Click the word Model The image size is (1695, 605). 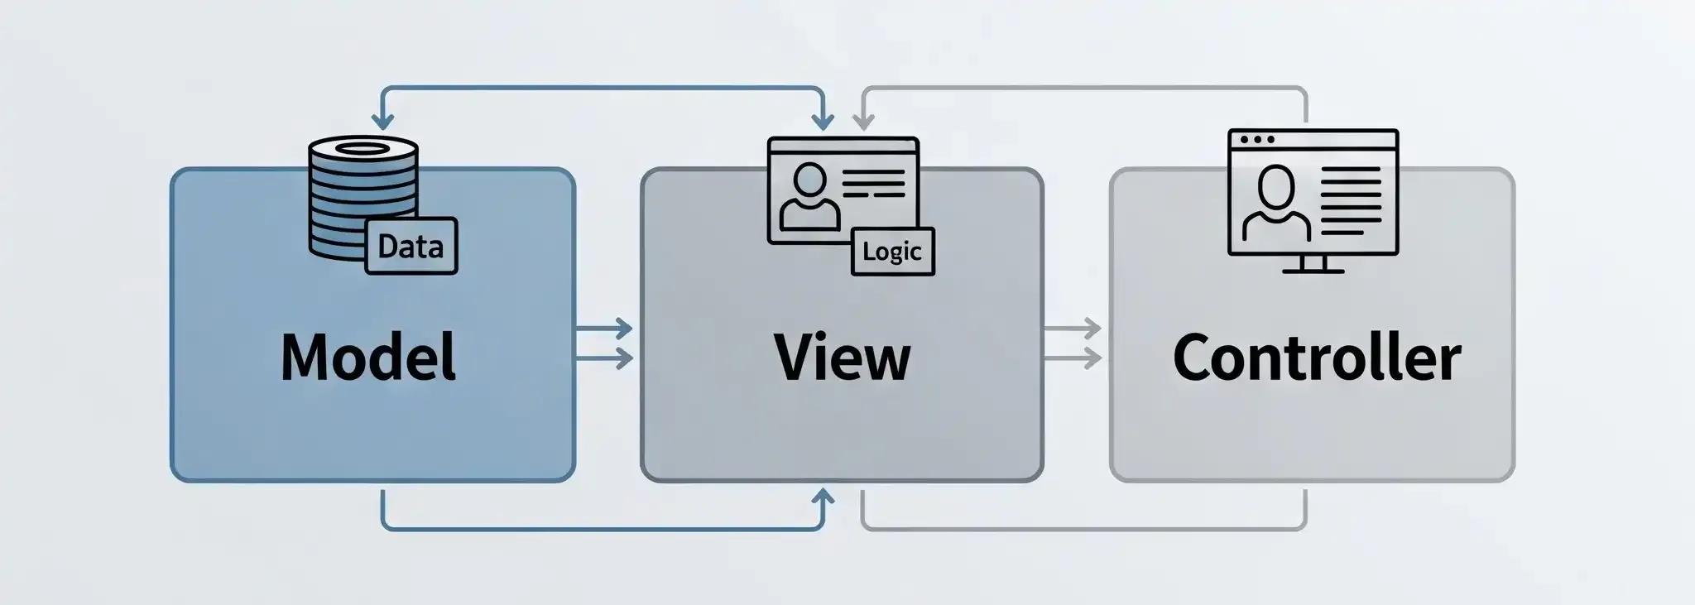point(368,357)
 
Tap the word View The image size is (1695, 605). point(842,357)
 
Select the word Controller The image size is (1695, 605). point(1316,358)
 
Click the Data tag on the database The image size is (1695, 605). point(411,246)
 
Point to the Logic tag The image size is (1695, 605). point(892,251)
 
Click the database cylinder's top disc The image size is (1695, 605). point(363,149)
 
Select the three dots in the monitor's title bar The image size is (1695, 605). point(1257,140)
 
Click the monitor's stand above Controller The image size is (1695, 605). point(1312,264)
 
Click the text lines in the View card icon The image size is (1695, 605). point(872,183)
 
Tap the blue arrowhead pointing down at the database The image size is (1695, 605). point(382,121)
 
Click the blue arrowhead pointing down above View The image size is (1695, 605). point(822,121)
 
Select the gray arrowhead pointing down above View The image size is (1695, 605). point(862,121)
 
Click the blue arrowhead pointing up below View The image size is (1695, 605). point(822,498)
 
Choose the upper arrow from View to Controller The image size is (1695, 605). point(1073,329)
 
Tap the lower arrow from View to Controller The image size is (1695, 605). point(1073,358)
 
